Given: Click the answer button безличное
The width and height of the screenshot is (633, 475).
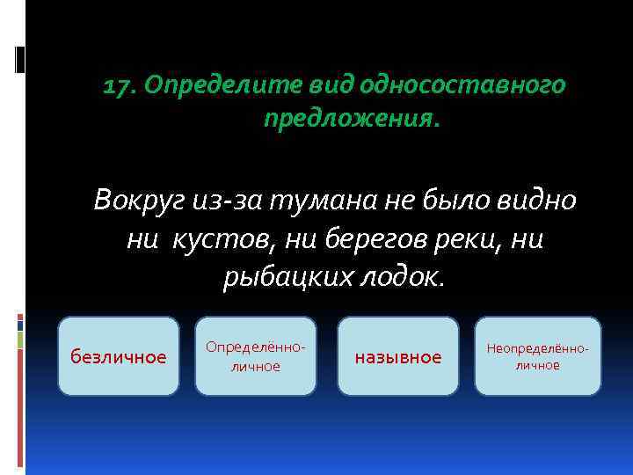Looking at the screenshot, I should pos(118,356).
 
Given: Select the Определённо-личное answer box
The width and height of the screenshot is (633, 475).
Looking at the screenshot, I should pos(255,356).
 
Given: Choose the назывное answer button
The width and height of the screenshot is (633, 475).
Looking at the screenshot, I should pos(397,356).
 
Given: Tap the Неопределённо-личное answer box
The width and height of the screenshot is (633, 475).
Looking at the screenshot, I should pos(538,356).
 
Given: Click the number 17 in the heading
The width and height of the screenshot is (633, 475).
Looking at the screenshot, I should pos(119,85).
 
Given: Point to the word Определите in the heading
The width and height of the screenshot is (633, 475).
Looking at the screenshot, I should pos(210,85).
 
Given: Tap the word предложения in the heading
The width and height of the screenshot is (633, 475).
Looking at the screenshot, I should pos(348,118).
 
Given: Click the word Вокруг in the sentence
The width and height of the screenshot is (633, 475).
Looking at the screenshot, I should pos(137,201).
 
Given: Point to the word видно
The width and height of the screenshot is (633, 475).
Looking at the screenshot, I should pos(538,201).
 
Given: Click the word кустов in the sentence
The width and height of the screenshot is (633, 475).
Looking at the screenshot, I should pos(209,239).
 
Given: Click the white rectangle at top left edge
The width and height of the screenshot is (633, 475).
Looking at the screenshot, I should pos(20,59).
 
